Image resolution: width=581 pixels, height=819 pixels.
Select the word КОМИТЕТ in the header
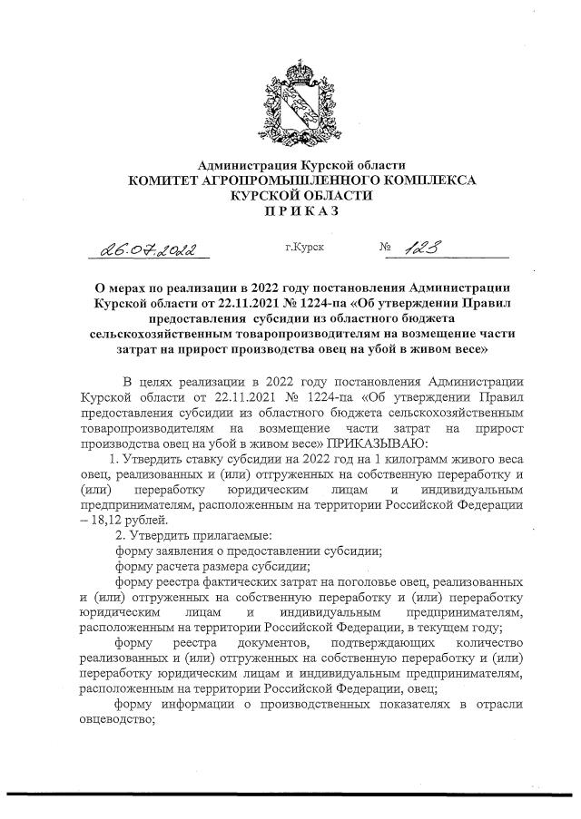point(170,180)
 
